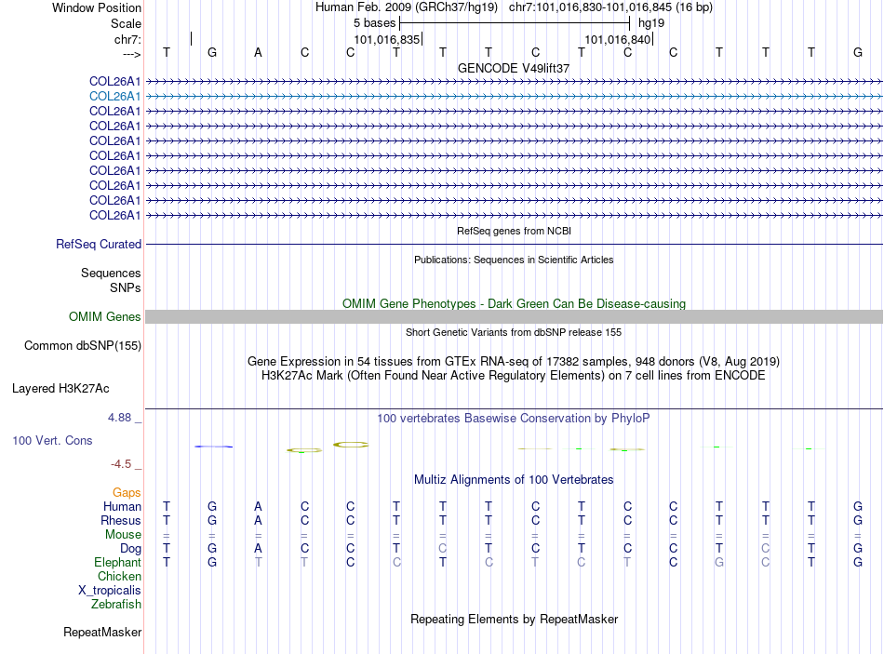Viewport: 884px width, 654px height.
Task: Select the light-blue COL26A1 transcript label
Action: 115,96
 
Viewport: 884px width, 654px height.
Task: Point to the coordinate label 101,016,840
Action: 616,39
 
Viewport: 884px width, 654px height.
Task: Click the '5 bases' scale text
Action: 374,23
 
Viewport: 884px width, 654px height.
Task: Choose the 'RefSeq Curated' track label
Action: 99,245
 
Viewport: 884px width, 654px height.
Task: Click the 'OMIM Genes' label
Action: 105,317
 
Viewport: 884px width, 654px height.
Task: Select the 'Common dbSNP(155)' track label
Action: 82,346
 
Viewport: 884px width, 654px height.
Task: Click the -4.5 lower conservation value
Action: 121,464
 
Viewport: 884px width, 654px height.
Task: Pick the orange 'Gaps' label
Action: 127,492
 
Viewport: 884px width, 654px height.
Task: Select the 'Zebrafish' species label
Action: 116,605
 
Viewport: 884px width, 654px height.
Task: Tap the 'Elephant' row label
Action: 117,563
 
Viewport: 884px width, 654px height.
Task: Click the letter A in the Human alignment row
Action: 258,507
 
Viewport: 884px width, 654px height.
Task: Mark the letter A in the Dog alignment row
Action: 258,549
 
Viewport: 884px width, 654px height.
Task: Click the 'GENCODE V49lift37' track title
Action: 514,68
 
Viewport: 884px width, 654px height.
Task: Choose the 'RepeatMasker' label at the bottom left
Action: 102,633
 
